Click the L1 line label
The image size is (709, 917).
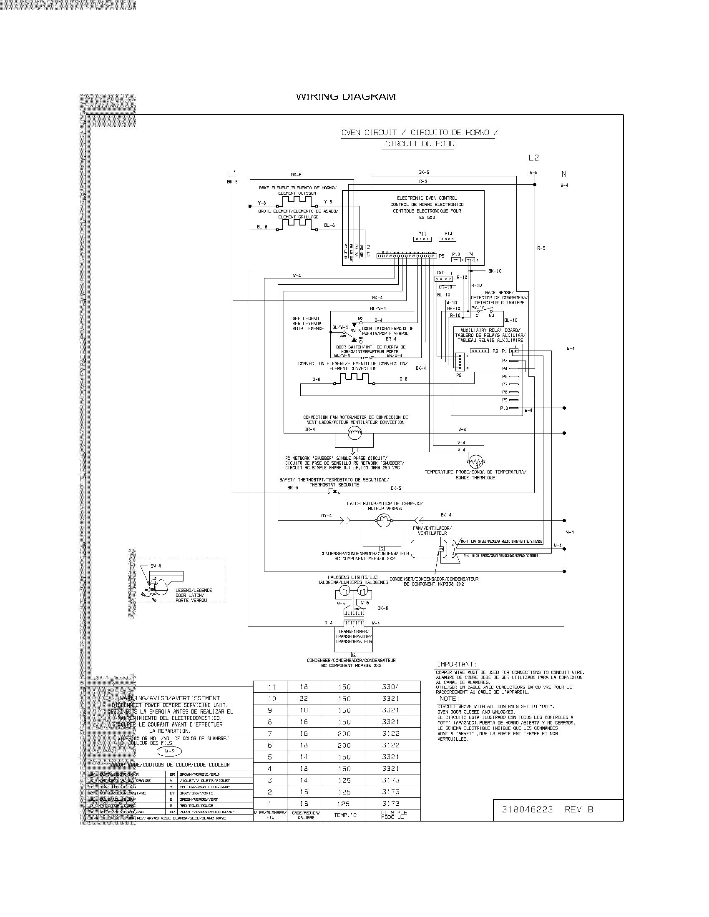pos(232,173)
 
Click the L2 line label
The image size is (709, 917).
pos(533,158)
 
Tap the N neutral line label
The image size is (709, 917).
pos(564,174)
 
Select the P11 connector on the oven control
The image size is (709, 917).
pos(422,239)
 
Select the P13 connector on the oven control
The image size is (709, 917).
pos(448,239)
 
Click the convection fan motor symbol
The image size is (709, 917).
pos(354,433)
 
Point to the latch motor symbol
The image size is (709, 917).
pos(383,521)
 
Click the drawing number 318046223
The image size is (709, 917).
pos(528,809)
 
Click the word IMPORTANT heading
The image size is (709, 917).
pos(457,664)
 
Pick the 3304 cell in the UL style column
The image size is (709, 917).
pos(391,687)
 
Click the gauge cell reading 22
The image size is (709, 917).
pos(304,699)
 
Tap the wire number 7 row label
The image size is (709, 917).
pos(270,734)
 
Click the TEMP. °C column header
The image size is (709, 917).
pos(344,815)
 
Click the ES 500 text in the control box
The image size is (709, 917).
pos(427,217)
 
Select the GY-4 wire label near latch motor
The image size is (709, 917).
pos(327,516)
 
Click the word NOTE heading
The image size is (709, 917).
pos(448,698)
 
